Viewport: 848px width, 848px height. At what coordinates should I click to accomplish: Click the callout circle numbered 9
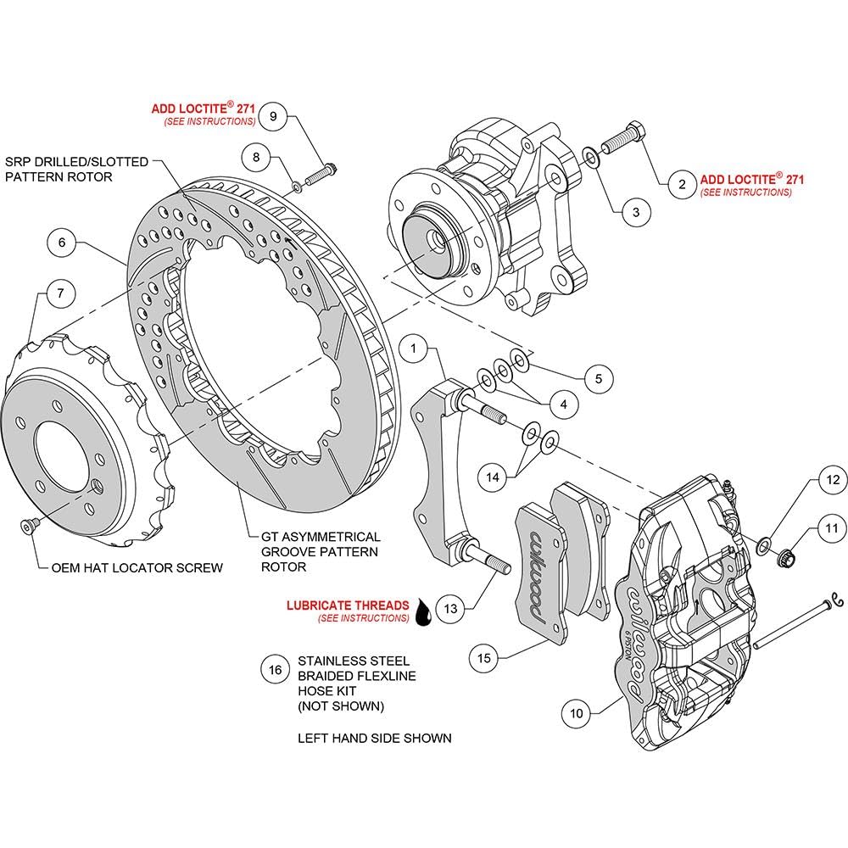click(x=273, y=116)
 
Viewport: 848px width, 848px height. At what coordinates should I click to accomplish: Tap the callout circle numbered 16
click(x=276, y=670)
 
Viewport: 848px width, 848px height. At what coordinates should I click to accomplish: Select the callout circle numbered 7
click(x=60, y=293)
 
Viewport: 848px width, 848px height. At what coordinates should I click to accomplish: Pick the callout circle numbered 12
click(x=833, y=480)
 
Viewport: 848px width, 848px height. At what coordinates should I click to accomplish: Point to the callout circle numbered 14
click(x=493, y=477)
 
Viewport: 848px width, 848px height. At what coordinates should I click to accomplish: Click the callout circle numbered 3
click(x=636, y=213)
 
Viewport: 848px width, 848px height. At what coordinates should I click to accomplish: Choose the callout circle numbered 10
click(x=577, y=713)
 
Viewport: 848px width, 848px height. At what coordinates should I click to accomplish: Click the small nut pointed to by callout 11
click(x=784, y=556)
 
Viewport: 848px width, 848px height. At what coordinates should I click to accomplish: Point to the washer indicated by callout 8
click(x=297, y=187)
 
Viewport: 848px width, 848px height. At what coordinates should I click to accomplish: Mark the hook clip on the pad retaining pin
click(x=838, y=600)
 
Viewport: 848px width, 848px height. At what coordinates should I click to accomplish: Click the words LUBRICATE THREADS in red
click(x=348, y=605)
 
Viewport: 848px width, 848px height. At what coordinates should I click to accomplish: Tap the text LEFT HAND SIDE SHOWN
click(x=374, y=738)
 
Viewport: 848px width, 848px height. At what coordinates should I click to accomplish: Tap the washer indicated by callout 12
click(x=764, y=545)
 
